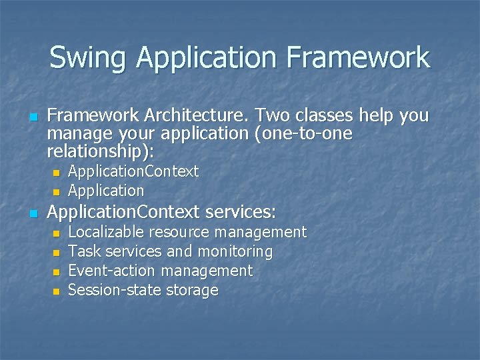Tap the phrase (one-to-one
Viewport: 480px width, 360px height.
(x=303, y=133)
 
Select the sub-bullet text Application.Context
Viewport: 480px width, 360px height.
(x=133, y=171)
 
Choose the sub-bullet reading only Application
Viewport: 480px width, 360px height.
(x=106, y=191)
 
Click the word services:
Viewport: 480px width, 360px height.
(x=241, y=213)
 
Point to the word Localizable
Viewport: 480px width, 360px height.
(x=106, y=232)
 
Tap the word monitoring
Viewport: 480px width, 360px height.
(x=235, y=251)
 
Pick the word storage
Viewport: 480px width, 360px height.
(x=192, y=290)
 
